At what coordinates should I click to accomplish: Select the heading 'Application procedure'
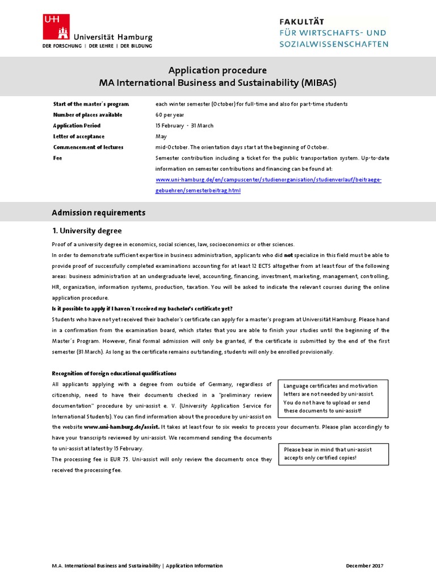217,70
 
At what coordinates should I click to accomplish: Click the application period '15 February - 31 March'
185,125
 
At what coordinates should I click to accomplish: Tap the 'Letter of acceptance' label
79,136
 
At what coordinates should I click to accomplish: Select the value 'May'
161,136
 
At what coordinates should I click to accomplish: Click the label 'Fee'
57,158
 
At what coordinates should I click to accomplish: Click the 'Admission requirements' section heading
98,213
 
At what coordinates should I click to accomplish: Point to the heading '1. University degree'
87,231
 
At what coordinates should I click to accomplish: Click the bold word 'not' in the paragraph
288,255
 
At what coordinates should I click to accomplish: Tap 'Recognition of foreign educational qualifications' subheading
114,373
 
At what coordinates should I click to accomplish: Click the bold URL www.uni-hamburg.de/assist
121,427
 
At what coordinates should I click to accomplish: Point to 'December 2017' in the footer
365,566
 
